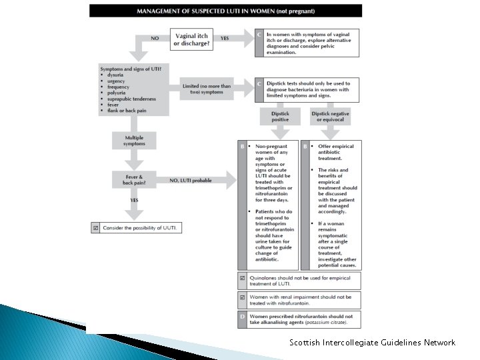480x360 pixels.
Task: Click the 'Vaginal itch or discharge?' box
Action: coord(191,39)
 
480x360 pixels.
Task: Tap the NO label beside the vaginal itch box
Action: coord(155,39)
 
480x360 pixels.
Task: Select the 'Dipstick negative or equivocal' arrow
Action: coord(330,118)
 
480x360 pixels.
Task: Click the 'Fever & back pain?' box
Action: coord(135,179)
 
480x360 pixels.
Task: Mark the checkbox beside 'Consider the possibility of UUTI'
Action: coord(96,228)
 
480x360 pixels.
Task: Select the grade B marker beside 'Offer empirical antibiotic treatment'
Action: coord(305,145)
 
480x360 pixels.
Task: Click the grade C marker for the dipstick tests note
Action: coord(259,85)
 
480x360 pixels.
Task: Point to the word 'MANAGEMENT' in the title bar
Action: coord(161,11)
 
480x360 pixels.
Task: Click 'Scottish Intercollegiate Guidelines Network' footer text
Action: coord(372,343)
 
